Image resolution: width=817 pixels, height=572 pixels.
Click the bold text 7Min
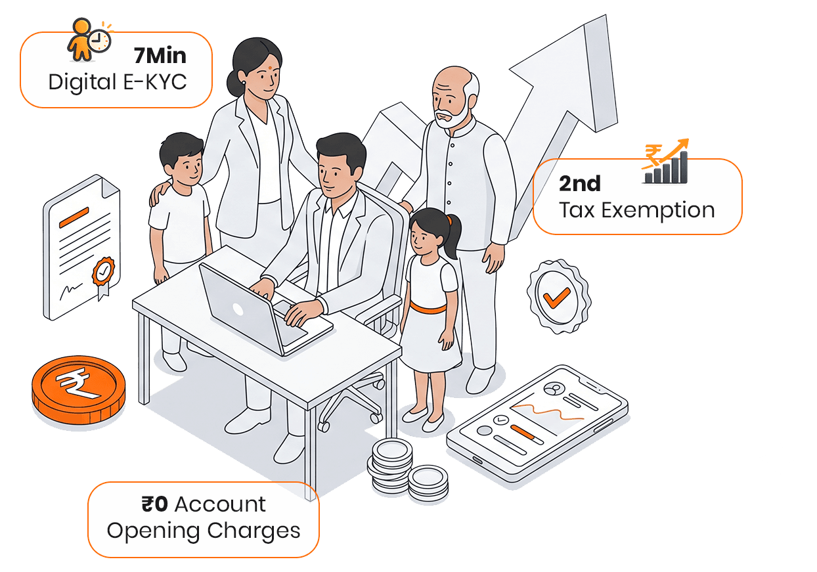coord(160,56)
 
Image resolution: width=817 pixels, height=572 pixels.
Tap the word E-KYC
coord(155,81)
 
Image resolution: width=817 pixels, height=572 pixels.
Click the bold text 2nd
coord(579,183)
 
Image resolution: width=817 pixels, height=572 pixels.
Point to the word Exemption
coord(657,211)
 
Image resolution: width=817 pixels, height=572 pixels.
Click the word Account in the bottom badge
coord(220,504)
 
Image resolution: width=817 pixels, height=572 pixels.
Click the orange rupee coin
coord(78,389)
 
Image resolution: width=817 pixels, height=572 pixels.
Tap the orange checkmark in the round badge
coord(556,298)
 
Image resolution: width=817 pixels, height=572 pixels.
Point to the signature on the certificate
coord(70,291)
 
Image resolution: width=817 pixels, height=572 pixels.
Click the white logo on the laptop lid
coord(238,310)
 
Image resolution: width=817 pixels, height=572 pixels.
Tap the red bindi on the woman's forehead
coord(271,68)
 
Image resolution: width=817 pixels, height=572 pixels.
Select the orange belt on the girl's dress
coord(428,308)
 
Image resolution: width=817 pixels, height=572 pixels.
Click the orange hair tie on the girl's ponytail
coord(450,220)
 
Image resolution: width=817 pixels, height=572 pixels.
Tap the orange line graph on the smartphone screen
coord(547,412)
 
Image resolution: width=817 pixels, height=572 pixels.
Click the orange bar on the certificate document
coord(74,217)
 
